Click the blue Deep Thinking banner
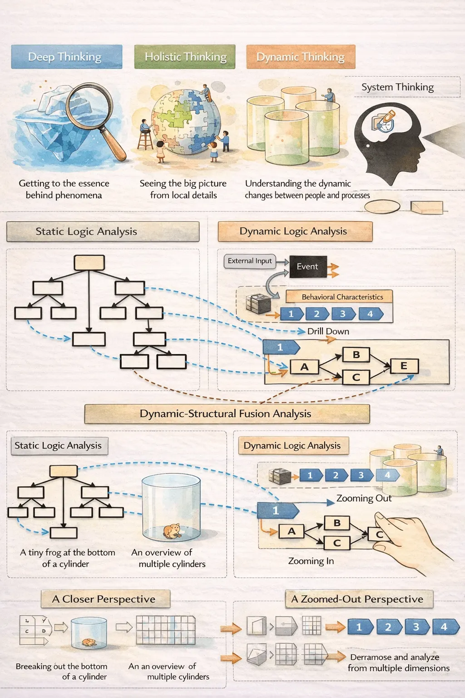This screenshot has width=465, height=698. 67,56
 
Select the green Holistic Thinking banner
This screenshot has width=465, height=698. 185,56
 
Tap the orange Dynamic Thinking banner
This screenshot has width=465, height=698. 301,56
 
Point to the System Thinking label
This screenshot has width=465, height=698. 397,87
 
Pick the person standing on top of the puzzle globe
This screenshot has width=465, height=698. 206,93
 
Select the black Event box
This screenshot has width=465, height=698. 308,267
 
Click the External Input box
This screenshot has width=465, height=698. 250,261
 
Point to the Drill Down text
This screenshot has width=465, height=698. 328,331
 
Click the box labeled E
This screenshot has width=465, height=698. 404,366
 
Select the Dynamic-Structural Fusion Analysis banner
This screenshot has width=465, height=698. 227,414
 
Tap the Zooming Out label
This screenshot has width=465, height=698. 364,498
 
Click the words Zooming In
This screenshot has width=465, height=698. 311,561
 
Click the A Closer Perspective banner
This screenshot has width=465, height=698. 106,599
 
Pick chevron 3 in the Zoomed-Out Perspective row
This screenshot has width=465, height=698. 417,627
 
